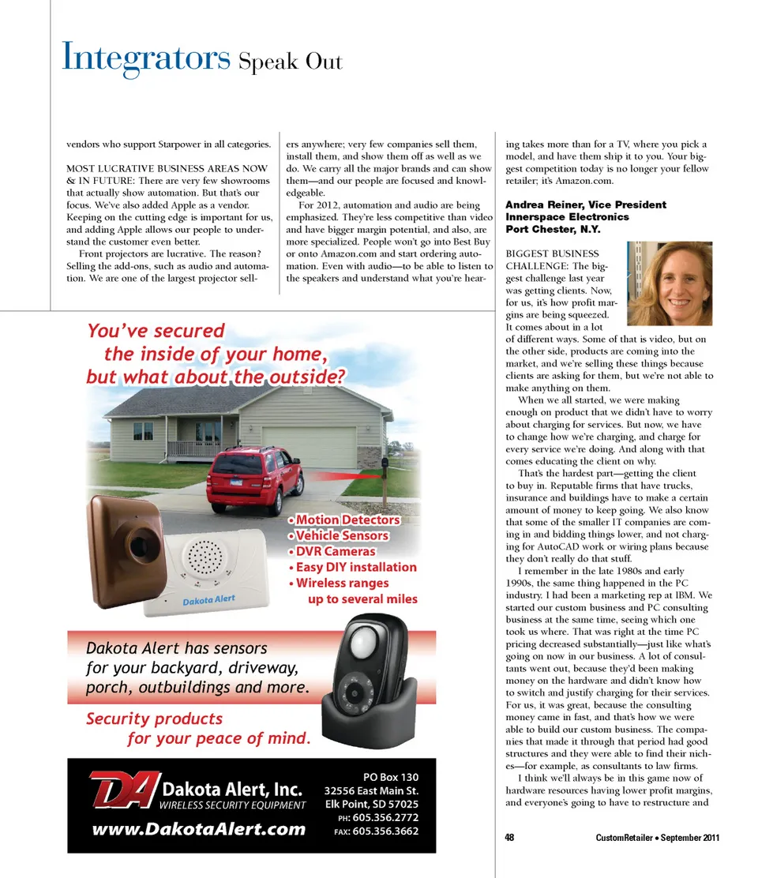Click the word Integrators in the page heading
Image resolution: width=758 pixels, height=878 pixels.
tap(145, 57)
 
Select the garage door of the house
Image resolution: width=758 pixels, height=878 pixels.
tap(309, 448)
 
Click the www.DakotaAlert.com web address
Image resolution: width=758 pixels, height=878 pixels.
tap(199, 828)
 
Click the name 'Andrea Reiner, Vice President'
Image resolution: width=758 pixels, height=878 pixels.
tap(585, 204)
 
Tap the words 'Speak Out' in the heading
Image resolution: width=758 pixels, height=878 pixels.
tap(291, 61)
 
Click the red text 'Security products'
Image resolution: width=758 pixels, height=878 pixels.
tap(154, 719)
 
